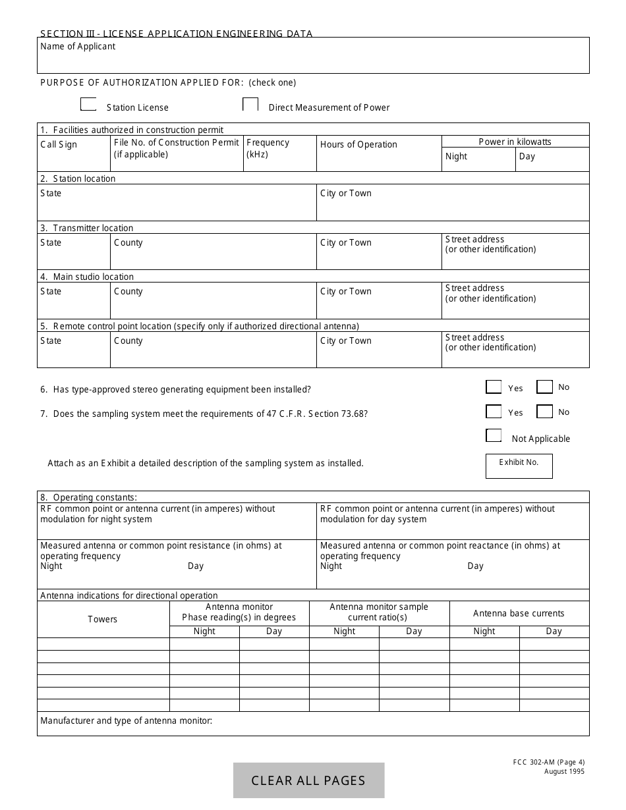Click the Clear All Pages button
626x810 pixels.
coord(308,780)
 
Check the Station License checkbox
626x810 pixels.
coord(88,105)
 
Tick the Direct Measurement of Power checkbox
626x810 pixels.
coord(250,105)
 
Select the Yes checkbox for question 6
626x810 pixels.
coord(494,387)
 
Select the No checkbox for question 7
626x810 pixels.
coord(544,412)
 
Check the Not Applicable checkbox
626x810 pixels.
coord(494,435)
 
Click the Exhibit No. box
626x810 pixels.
coord(519,466)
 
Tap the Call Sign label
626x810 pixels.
coord(59,144)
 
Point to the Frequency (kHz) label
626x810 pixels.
coord(268,148)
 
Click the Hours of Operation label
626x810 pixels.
coord(358,144)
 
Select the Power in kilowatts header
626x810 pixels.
coord(515,142)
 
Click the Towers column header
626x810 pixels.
coord(103,619)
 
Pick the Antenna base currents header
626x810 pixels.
coord(519,613)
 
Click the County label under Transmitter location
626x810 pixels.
coord(128,242)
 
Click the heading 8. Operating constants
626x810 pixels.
coord(88,497)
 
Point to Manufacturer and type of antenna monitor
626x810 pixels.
coord(127,720)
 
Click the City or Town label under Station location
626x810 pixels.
coord(346,193)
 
